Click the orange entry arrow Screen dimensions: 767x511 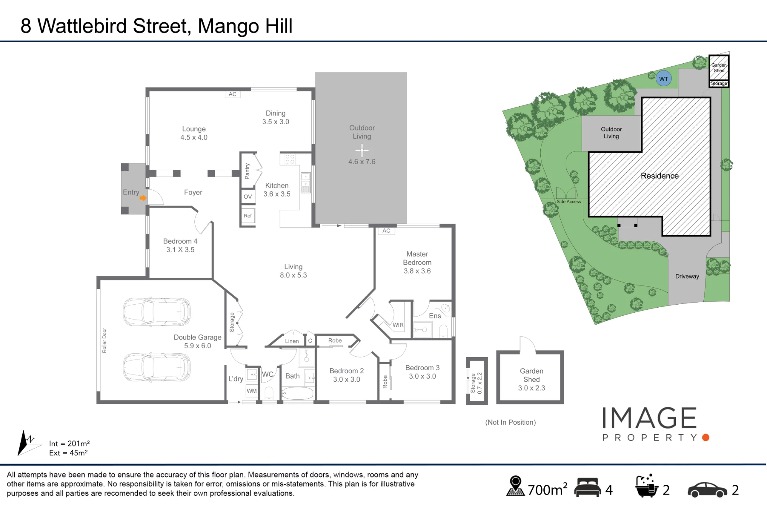coord(143,198)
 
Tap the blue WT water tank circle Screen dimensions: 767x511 coord(663,79)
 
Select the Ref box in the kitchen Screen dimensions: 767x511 coord(248,216)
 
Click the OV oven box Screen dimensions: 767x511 coord(248,197)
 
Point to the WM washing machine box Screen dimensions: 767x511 coord(252,391)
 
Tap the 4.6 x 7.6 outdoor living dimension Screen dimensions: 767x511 coord(362,162)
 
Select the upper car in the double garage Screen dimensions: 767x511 coord(156,312)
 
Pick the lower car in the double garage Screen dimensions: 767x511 coord(156,367)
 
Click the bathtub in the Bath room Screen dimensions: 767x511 coord(298,393)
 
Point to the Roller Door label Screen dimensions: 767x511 coord(104,340)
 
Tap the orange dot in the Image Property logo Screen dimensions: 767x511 coord(706,437)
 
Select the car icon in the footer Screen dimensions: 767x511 coord(707,490)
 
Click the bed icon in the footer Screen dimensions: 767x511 coord(588,488)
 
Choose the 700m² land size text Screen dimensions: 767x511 coord(547,490)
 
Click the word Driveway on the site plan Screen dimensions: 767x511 coord(687,277)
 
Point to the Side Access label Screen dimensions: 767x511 coord(569,202)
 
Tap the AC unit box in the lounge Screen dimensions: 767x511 coord(232,94)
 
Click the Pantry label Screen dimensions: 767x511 coord(247,171)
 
